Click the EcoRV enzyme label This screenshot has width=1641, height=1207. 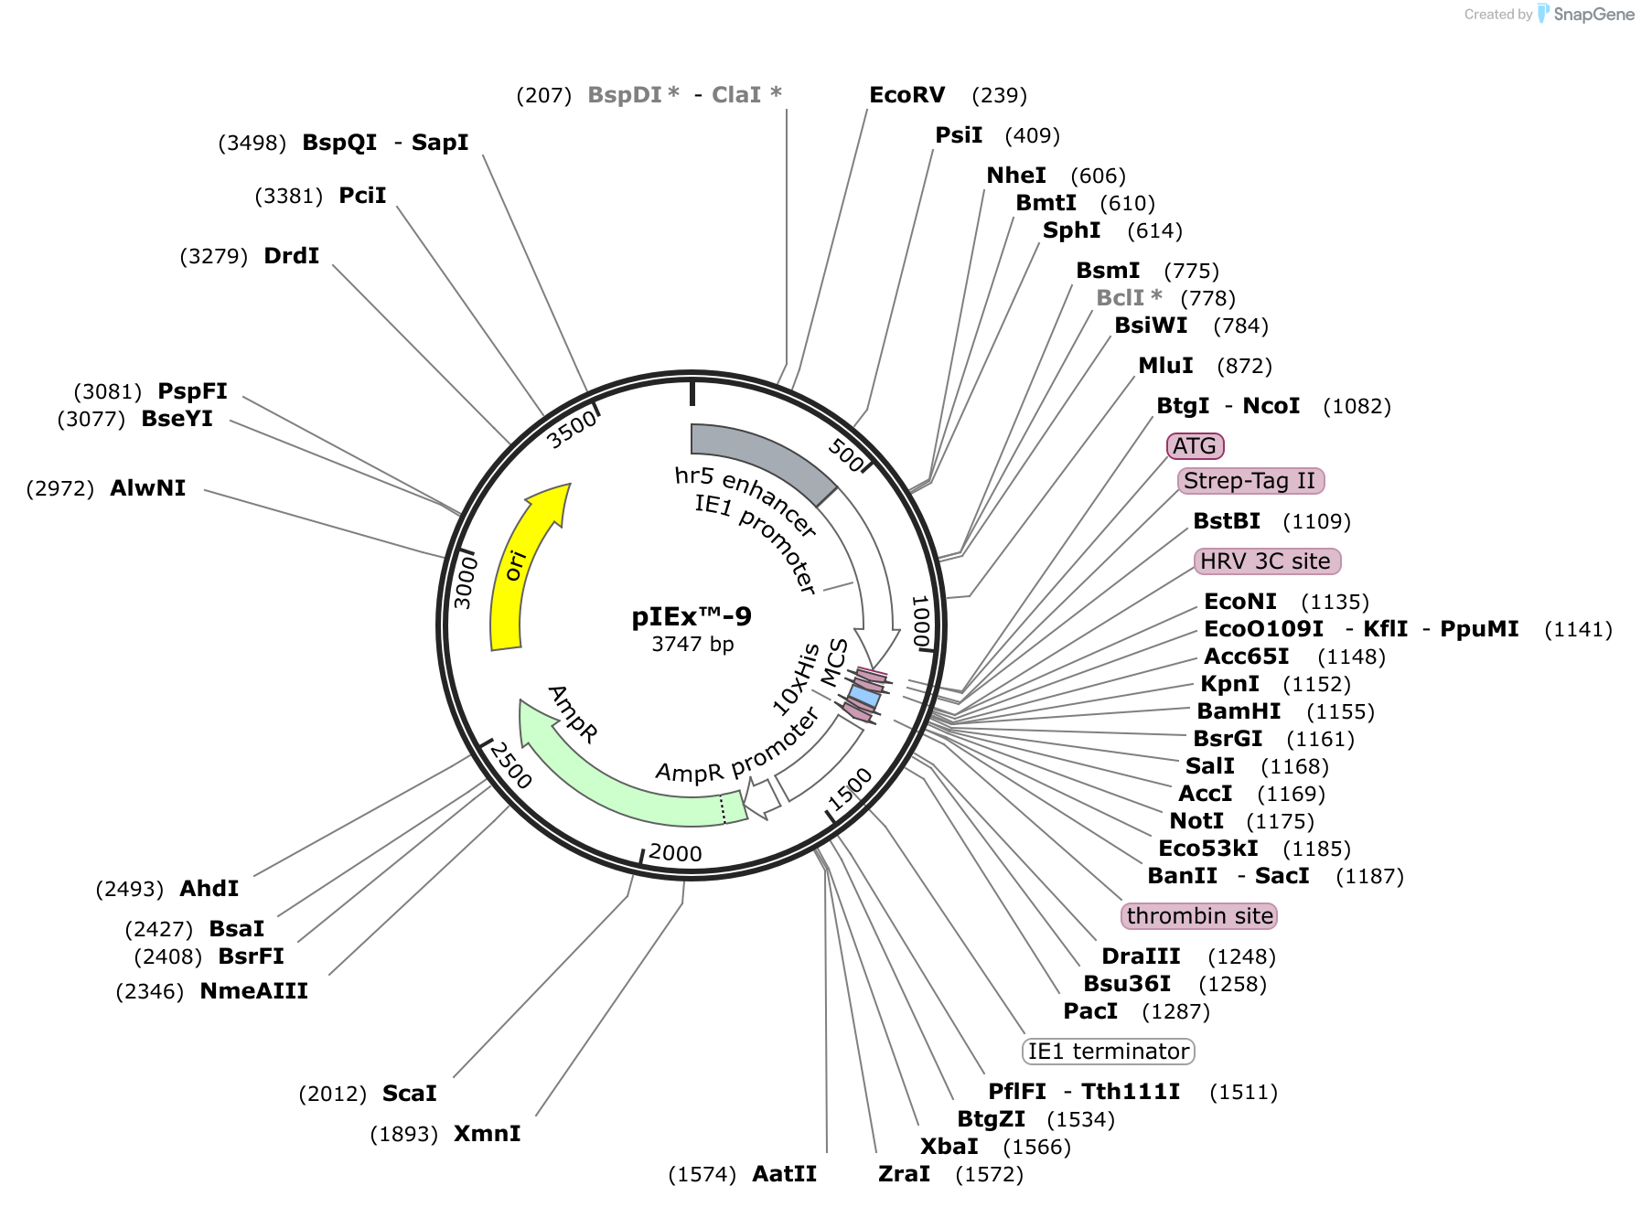(x=906, y=95)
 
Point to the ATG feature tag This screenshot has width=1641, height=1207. (x=1195, y=446)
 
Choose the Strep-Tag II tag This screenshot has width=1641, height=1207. (x=1250, y=481)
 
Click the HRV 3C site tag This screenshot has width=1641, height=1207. (x=1267, y=561)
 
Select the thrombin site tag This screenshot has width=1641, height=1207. (x=1199, y=916)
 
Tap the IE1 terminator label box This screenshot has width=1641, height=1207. (x=1109, y=1052)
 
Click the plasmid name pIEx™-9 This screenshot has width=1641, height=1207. (x=692, y=616)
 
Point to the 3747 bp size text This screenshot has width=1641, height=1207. (x=692, y=644)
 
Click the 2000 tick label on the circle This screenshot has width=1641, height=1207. (x=675, y=853)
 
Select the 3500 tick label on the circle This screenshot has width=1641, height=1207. (x=572, y=429)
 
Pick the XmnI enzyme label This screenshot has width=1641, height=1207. (x=488, y=1134)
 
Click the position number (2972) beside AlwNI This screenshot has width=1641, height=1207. (x=60, y=488)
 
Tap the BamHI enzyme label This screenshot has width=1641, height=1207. (x=1239, y=711)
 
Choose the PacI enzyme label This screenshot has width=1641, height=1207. (x=1090, y=1011)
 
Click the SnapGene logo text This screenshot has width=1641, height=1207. (x=1594, y=14)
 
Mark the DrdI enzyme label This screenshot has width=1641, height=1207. (x=291, y=256)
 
